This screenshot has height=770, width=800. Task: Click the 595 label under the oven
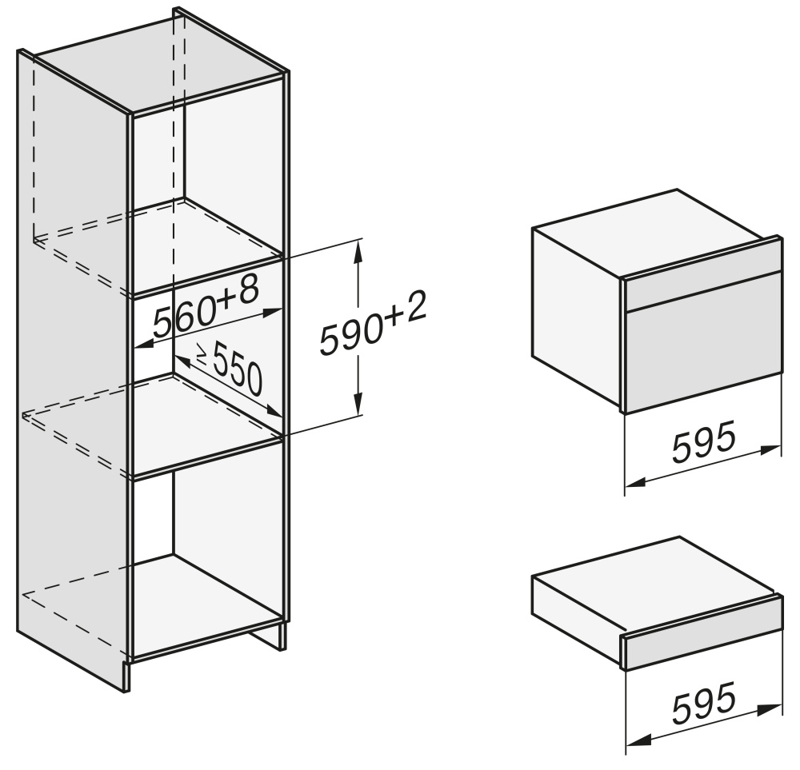tap(704, 441)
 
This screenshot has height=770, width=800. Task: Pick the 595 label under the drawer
tap(704, 703)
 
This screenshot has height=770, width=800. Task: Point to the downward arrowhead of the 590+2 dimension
tap(359, 404)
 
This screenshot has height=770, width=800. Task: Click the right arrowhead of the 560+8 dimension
tap(271, 312)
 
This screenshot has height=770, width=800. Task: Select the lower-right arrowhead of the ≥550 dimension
tap(273, 411)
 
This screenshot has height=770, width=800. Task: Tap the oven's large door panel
tap(703, 357)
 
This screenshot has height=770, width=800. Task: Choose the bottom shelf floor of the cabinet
tap(204, 603)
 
